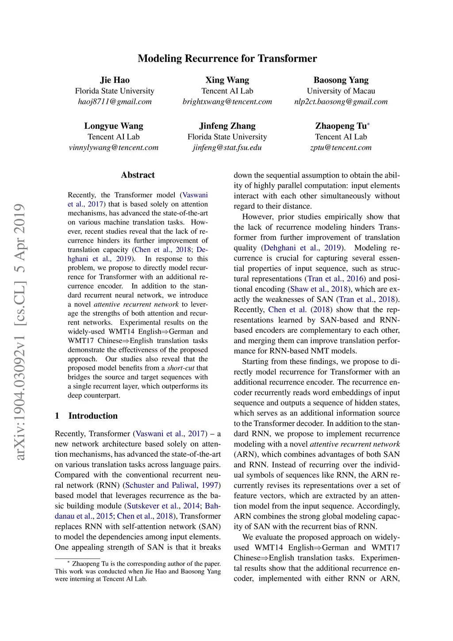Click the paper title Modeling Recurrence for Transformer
pyautogui.click(x=227, y=58)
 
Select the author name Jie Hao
pyautogui.click(x=115, y=80)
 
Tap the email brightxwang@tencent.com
pyautogui.click(x=227, y=101)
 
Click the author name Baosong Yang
pyautogui.click(x=341, y=80)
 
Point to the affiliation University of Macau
pyautogui.click(x=341, y=91)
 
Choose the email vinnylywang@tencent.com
pyautogui.click(x=114, y=147)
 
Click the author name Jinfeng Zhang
pyautogui.click(x=227, y=126)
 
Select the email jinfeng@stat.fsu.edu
pyautogui.click(x=227, y=147)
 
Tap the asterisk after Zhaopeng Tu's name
pyautogui.click(x=369, y=124)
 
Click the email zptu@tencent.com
pyautogui.click(x=341, y=147)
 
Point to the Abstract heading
pyautogui.click(x=138, y=175)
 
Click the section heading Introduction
pyautogui.click(x=93, y=416)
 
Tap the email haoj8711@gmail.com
pyautogui.click(x=115, y=101)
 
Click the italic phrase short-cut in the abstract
pyautogui.click(x=180, y=368)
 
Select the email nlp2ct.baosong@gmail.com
pyautogui.click(x=341, y=101)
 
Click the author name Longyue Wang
pyautogui.click(x=114, y=126)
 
